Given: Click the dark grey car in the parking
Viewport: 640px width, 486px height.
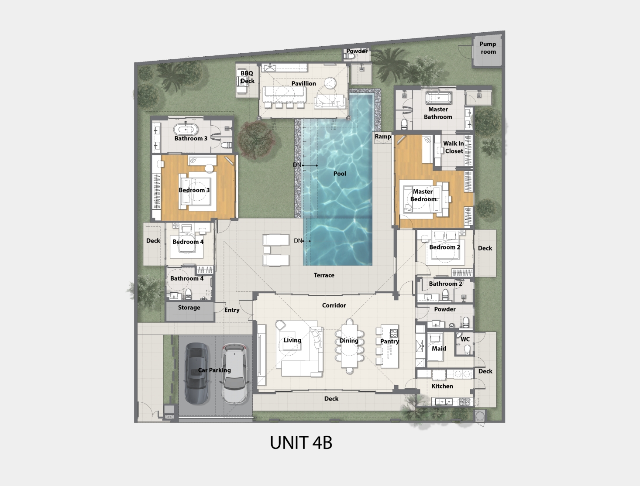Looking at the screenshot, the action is pyautogui.click(x=196, y=373).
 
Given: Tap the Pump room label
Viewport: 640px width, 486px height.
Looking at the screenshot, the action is pyautogui.click(x=488, y=48).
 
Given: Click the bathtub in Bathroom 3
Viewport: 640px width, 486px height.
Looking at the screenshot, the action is pyautogui.click(x=186, y=130).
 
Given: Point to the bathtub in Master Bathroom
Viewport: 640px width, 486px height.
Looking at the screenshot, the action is pyautogui.click(x=438, y=98).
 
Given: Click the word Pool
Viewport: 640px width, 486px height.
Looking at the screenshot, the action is pyautogui.click(x=340, y=174).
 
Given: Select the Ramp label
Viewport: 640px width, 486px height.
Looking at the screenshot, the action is pyautogui.click(x=383, y=137).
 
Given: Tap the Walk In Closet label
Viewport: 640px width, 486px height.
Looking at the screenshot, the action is pyautogui.click(x=454, y=147).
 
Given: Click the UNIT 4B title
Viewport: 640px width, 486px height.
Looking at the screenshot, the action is pyautogui.click(x=301, y=442).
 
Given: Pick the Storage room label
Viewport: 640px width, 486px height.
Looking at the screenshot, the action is pyautogui.click(x=189, y=308).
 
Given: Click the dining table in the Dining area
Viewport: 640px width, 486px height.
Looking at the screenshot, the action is pyautogui.click(x=349, y=346).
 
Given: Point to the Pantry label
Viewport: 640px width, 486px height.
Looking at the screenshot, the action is pyautogui.click(x=389, y=342).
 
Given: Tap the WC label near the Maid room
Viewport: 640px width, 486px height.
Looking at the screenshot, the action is pyautogui.click(x=465, y=339).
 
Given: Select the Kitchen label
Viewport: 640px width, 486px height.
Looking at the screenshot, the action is pyautogui.click(x=442, y=387).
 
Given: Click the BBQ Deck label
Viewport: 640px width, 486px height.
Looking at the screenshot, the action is pyautogui.click(x=247, y=77).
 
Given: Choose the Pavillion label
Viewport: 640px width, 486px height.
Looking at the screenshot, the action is pyautogui.click(x=303, y=84).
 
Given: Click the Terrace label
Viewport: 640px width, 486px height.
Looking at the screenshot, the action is pyautogui.click(x=324, y=275).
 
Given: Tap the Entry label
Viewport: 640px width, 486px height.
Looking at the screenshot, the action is pyautogui.click(x=232, y=310).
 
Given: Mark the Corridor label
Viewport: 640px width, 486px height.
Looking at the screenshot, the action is pyautogui.click(x=334, y=305).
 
